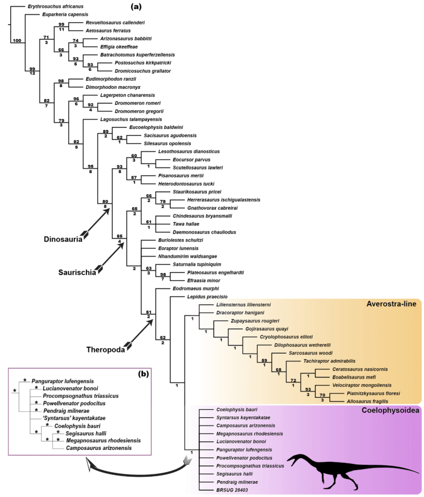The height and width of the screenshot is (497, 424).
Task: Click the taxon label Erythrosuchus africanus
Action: click(x=56, y=6)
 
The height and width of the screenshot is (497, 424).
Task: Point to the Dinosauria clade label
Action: click(x=62, y=239)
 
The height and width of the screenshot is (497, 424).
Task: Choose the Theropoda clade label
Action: click(x=105, y=349)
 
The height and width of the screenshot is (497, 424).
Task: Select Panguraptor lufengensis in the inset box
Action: click(x=63, y=381)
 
